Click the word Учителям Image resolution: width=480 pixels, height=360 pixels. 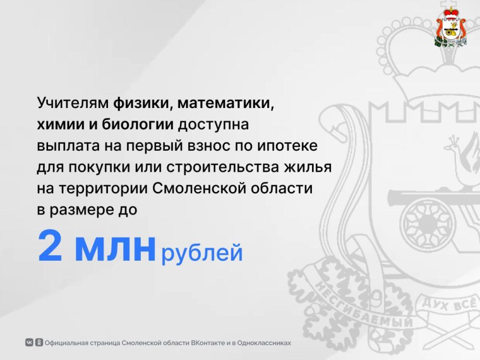tap(73, 103)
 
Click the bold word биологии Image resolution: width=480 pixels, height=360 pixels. tap(138, 125)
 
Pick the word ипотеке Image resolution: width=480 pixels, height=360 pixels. tap(287, 146)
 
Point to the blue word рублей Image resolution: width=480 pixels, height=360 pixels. tap(202, 253)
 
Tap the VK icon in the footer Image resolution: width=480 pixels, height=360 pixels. tap(29, 342)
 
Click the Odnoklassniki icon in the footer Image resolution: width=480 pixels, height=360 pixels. tap(39, 342)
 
